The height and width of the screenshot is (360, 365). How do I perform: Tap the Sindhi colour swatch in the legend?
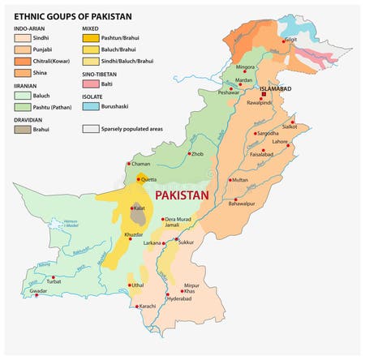pos(22,37)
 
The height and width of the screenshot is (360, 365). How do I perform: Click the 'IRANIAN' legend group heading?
pos(27,83)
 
